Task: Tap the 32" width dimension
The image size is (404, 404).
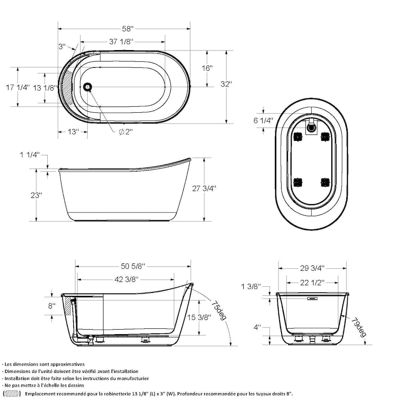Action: click(x=226, y=84)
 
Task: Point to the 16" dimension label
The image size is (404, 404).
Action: click(x=207, y=68)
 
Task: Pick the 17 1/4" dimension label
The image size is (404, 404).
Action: click(x=18, y=88)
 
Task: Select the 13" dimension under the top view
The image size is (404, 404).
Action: click(x=73, y=132)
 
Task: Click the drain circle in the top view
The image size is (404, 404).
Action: click(x=87, y=86)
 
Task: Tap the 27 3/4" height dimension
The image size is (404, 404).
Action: click(x=204, y=188)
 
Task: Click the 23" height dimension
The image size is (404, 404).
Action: click(x=36, y=195)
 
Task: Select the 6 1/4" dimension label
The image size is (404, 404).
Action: click(x=263, y=120)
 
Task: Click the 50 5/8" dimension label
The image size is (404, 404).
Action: click(x=133, y=266)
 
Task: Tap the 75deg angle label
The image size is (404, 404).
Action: click(x=218, y=309)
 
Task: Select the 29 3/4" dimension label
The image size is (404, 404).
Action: click(x=311, y=268)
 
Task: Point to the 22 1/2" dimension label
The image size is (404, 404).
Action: click(x=311, y=283)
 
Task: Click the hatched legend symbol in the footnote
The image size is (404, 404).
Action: click(x=12, y=393)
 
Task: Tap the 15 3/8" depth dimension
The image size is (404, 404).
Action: click(x=199, y=318)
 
